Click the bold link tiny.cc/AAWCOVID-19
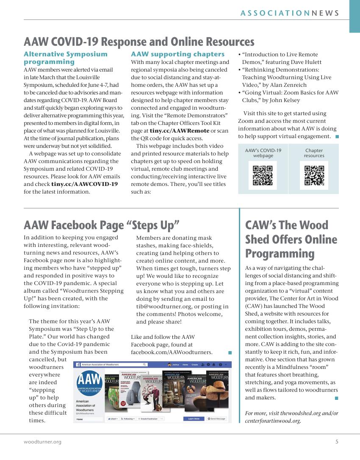pos(84,184)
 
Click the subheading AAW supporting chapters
pos(178,54)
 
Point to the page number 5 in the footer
pos(337,442)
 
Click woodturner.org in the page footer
pos(42,442)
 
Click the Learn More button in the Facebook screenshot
pos(194,419)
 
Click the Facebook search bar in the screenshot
pos(114,364)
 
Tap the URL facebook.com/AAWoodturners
pos(172,352)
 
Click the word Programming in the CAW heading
pos(280,254)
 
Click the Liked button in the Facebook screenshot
pos(112,419)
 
